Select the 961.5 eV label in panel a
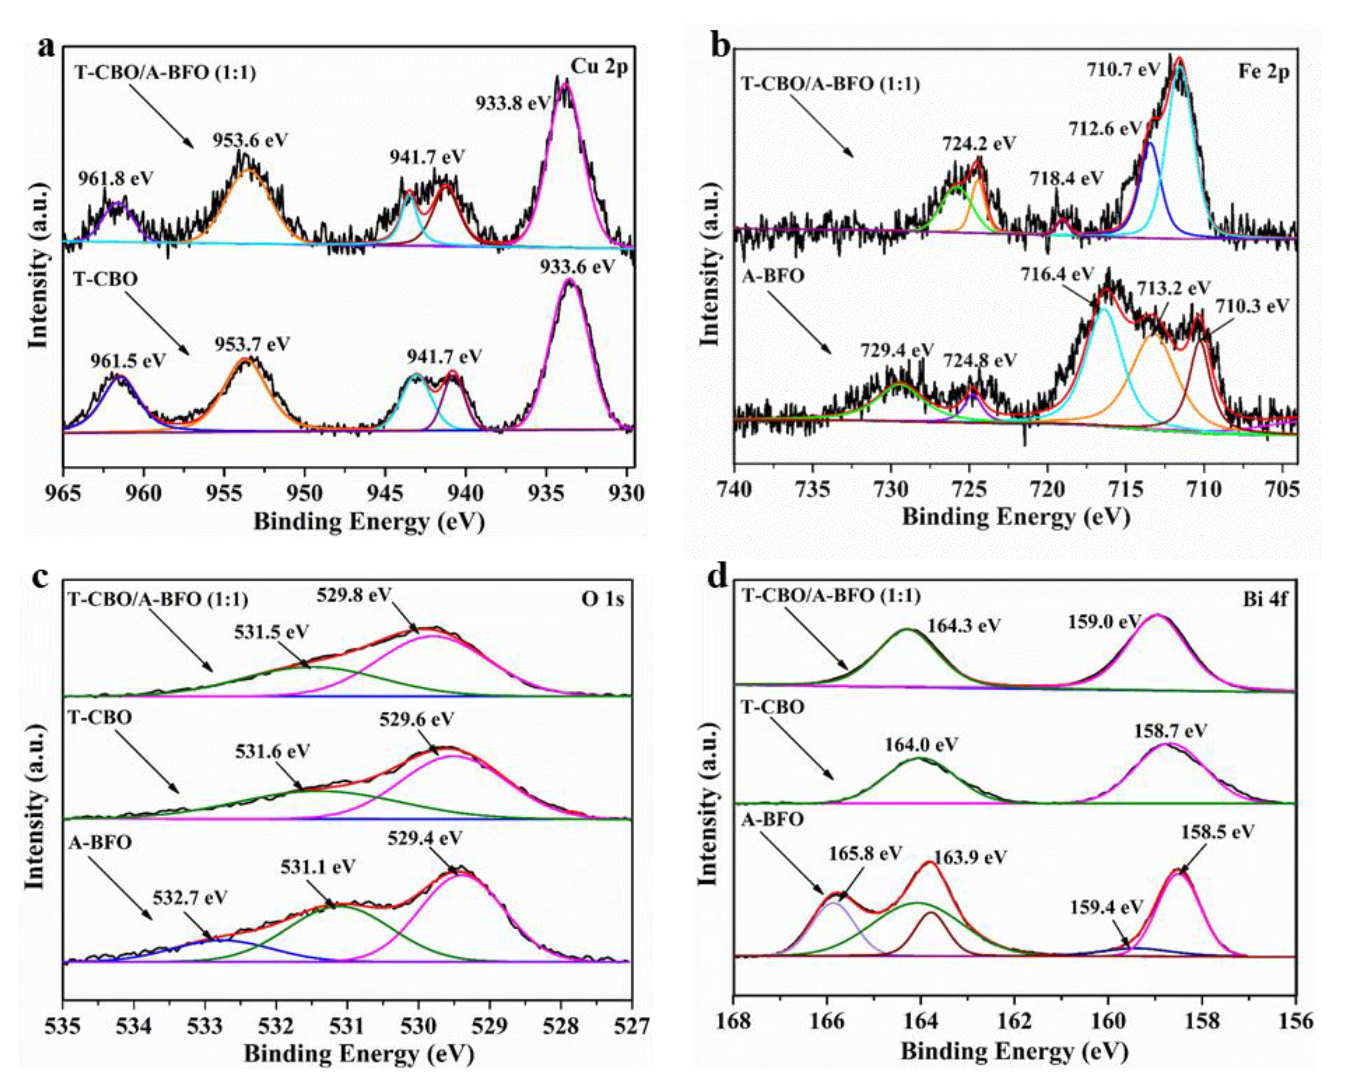point(128,361)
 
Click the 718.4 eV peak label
point(1067,178)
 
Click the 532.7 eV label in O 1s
point(190,898)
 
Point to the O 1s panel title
point(603,599)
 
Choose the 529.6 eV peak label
point(416,719)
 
